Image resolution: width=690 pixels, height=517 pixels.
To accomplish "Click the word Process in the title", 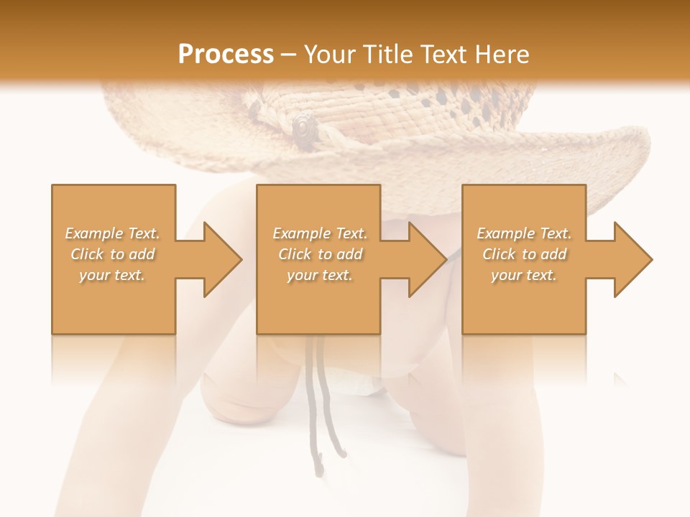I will coord(226,55).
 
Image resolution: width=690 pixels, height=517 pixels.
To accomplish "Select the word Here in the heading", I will coord(501,55).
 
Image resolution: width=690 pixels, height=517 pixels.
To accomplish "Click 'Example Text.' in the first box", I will coord(113,233).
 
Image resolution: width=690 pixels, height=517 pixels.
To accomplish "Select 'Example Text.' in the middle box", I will coord(320,233).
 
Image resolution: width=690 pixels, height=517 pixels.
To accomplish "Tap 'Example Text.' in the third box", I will coord(524,233).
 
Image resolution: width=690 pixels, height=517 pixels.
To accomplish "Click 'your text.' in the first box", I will coord(113,275).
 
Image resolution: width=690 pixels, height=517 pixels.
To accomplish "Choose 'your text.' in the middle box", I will coord(320,275).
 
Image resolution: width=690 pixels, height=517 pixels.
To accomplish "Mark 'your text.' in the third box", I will coord(524,275).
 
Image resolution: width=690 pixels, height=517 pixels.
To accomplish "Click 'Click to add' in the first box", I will coord(113,254).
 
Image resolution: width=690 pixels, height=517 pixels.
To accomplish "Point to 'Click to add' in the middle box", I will coord(320,254).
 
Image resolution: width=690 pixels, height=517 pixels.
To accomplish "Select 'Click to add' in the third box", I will coord(524,254).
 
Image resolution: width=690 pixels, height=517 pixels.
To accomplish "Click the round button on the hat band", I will coord(303,126).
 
